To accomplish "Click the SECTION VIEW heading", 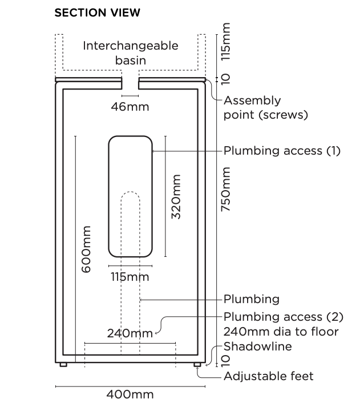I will tap(97, 13).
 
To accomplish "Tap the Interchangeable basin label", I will tap(131, 53).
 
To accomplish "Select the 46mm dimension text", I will tap(130, 107).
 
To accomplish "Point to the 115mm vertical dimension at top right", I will tap(226, 41).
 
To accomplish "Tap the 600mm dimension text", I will tap(86, 249).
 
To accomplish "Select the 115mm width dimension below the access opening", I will tap(130, 277).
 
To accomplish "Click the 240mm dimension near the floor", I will tap(130, 333).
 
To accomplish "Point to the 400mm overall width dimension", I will tap(130, 394).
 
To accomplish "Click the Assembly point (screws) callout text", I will tap(265, 107).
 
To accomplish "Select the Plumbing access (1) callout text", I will tap(281, 151).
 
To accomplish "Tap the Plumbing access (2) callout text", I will tap(281, 317).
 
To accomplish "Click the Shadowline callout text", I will tap(257, 346).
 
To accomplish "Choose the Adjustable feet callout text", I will tap(268, 376).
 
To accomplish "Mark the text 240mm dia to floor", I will tap(281, 332).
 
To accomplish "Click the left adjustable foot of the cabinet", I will tap(63, 364).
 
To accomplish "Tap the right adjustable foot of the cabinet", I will tap(197, 364).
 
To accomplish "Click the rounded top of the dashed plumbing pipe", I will tap(130, 195).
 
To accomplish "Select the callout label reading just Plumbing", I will tap(251, 299).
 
